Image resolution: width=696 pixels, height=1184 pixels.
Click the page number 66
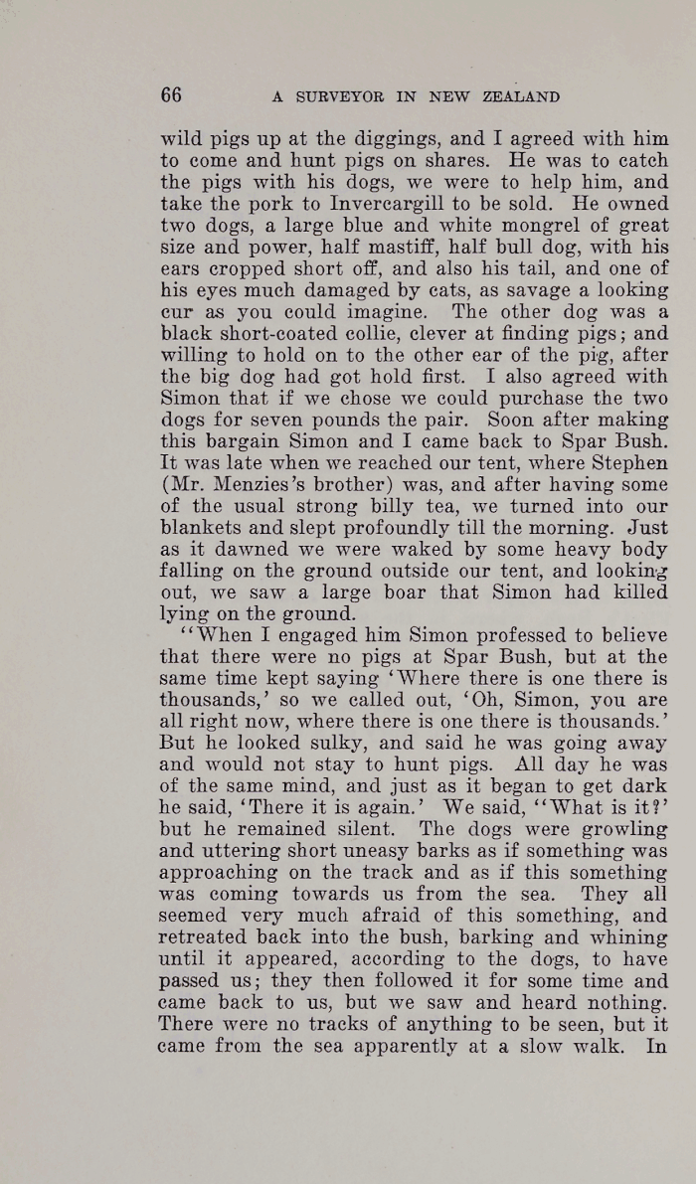pyautogui.click(x=171, y=95)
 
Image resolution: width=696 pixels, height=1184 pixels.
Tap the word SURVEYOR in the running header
pyautogui.click(x=336, y=97)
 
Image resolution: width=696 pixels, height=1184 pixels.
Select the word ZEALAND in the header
pyautogui.click(x=519, y=97)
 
